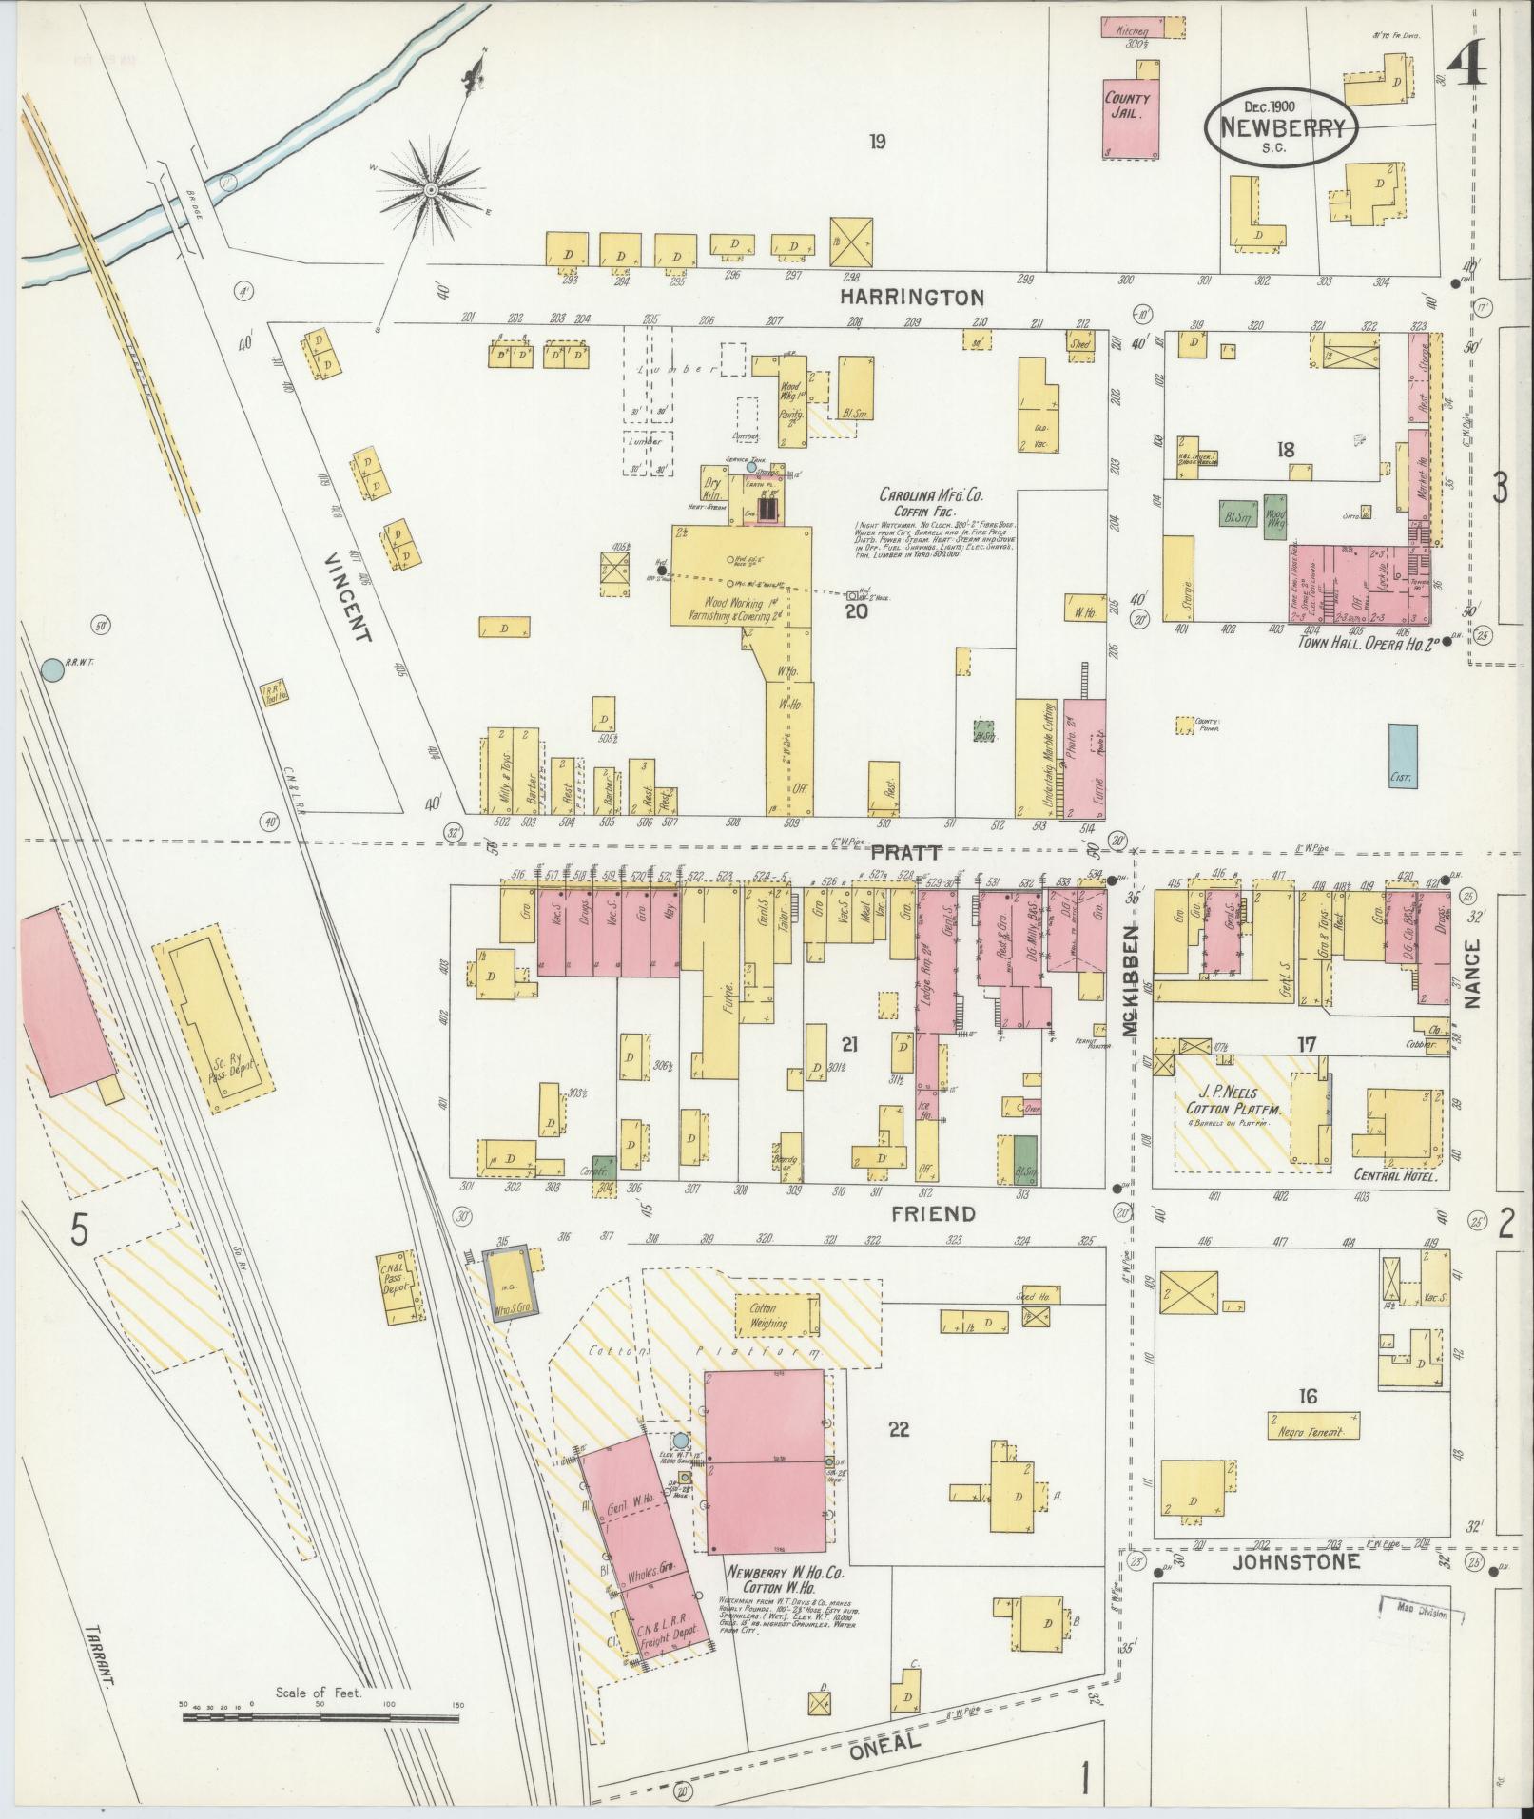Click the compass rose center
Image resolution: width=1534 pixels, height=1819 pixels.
[x=432, y=189]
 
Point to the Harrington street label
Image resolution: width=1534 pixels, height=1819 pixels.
[x=912, y=298]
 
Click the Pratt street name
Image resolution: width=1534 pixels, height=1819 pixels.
[x=905, y=852]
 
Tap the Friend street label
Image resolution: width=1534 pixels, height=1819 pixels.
[x=933, y=1214]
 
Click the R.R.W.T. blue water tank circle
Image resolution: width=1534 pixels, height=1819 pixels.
[x=52, y=669]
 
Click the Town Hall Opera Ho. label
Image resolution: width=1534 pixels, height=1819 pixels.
[x=1367, y=642]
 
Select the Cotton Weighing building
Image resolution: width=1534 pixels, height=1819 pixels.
[x=776, y=1316]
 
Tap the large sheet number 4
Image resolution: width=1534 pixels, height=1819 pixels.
[x=1468, y=68]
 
